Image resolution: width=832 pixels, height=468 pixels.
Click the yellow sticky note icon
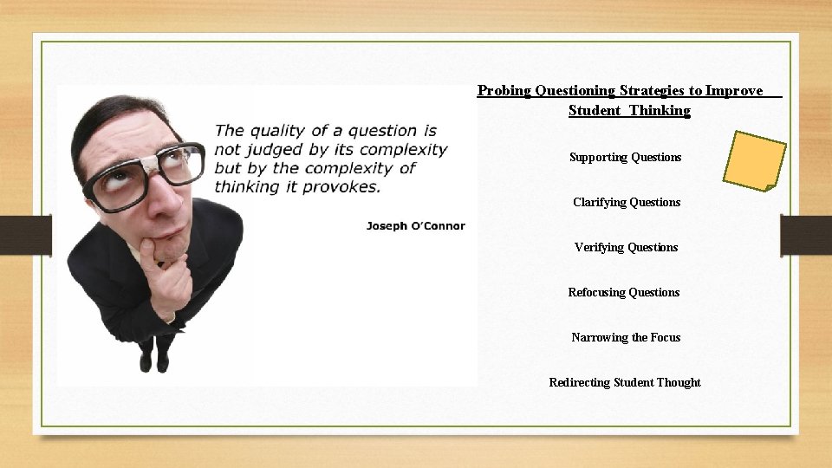tap(754, 160)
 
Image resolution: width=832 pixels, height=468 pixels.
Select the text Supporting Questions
tap(625, 157)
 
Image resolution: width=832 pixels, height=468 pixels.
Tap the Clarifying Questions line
tap(627, 202)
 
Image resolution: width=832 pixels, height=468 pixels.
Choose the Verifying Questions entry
tap(626, 247)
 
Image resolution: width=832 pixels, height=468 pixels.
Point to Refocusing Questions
tap(624, 292)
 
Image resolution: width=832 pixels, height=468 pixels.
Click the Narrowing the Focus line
tap(626, 337)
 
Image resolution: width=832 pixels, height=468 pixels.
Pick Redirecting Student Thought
tap(625, 382)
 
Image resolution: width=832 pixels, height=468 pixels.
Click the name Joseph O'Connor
tap(415, 225)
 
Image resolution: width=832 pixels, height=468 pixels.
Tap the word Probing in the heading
tap(504, 90)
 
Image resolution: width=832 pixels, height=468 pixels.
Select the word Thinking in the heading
tap(660, 110)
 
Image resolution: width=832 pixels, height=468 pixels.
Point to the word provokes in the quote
tap(343, 186)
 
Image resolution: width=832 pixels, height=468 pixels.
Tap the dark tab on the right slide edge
tap(805, 234)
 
